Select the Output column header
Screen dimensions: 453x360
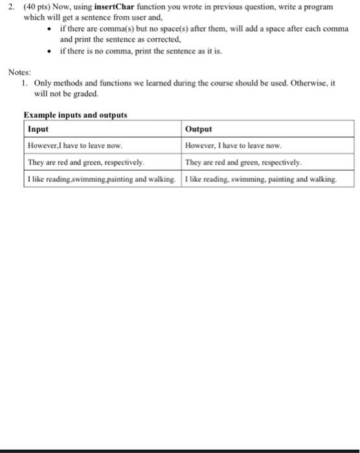(x=198, y=129)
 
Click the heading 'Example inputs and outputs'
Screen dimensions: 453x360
(x=75, y=115)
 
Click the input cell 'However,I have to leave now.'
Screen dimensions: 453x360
(x=75, y=146)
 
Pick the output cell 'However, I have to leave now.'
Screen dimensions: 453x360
(x=233, y=146)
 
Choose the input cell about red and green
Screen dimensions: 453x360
(x=86, y=162)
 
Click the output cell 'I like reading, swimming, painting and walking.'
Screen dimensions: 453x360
(x=260, y=179)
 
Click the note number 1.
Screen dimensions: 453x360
(x=23, y=83)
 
